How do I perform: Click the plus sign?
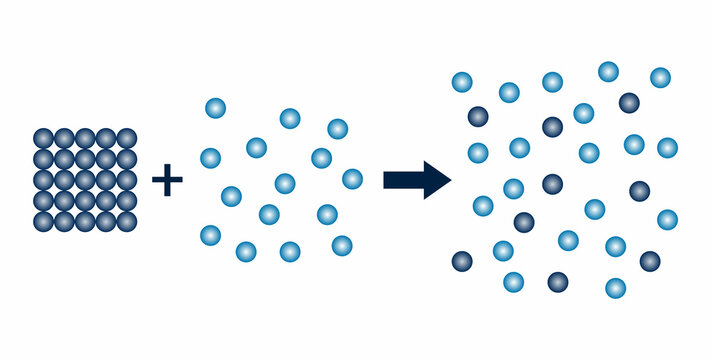point(167,181)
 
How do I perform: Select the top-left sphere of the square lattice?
point(43,138)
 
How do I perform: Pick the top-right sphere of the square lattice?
point(126,138)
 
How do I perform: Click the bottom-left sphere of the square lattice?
point(43,221)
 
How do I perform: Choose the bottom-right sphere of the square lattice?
point(126,221)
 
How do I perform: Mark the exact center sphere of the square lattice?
point(85,180)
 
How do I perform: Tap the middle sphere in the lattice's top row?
point(85,138)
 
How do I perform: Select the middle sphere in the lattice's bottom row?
point(85,221)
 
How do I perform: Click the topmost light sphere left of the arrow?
point(215,108)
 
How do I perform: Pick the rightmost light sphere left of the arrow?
point(352,179)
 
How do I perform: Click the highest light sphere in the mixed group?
point(608,71)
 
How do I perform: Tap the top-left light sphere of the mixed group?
point(461,82)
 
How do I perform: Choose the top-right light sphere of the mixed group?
point(660,77)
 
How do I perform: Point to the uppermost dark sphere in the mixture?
point(629,102)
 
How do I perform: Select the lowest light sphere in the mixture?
point(616,288)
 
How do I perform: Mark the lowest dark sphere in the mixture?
point(558,282)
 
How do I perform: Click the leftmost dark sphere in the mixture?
point(462,261)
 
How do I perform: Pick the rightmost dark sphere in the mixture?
point(650,261)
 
